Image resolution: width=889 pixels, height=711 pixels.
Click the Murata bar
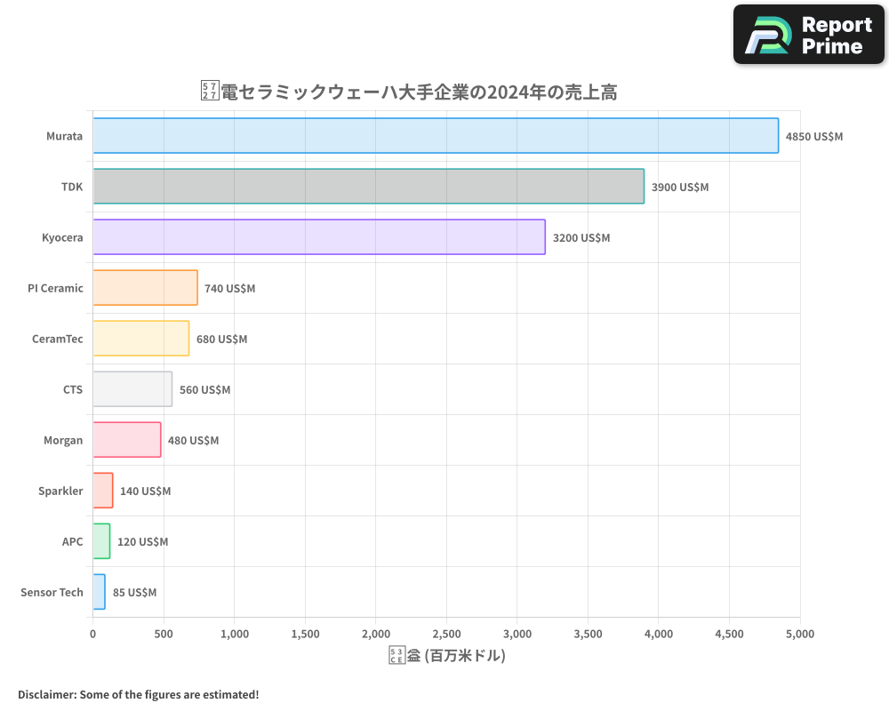point(436,136)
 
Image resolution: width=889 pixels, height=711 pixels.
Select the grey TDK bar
point(368,187)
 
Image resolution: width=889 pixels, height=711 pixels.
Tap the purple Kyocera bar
point(318,237)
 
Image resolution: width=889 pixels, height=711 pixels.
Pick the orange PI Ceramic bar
point(145,288)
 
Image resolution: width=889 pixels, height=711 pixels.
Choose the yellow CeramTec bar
point(140,339)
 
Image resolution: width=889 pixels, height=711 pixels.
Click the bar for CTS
point(132,389)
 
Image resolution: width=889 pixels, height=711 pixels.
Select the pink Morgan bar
point(127,440)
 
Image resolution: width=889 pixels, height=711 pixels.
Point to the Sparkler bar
point(103,491)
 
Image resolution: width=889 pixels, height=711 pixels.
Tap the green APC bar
point(101,541)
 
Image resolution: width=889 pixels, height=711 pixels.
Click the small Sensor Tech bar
point(99,592)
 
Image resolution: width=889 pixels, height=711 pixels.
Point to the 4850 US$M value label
point(814,137)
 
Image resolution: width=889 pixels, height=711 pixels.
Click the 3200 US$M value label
point(581,238)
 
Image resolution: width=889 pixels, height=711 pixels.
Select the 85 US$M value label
point(134,593)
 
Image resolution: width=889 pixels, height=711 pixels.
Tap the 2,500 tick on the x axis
point(446,635)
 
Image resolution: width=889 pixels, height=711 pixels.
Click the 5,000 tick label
point(799,635)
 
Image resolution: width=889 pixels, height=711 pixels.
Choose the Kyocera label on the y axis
point(62,237)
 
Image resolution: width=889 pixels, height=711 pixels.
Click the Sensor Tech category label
point(52,592)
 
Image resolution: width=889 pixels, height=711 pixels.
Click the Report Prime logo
point(809,35)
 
